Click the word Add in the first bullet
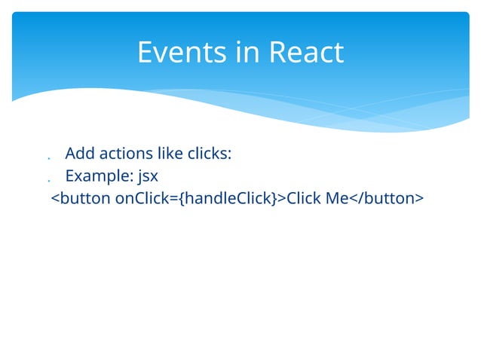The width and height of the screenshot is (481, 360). coord(78,154)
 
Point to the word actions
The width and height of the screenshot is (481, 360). coord(124,154)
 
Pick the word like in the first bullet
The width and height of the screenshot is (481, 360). coord(171,154)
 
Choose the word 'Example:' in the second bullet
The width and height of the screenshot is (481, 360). coord(98,177)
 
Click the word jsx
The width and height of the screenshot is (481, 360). coord(147,178)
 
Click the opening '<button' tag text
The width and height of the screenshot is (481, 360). coord(81,199)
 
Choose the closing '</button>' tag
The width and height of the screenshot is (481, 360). coord(386,199)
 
